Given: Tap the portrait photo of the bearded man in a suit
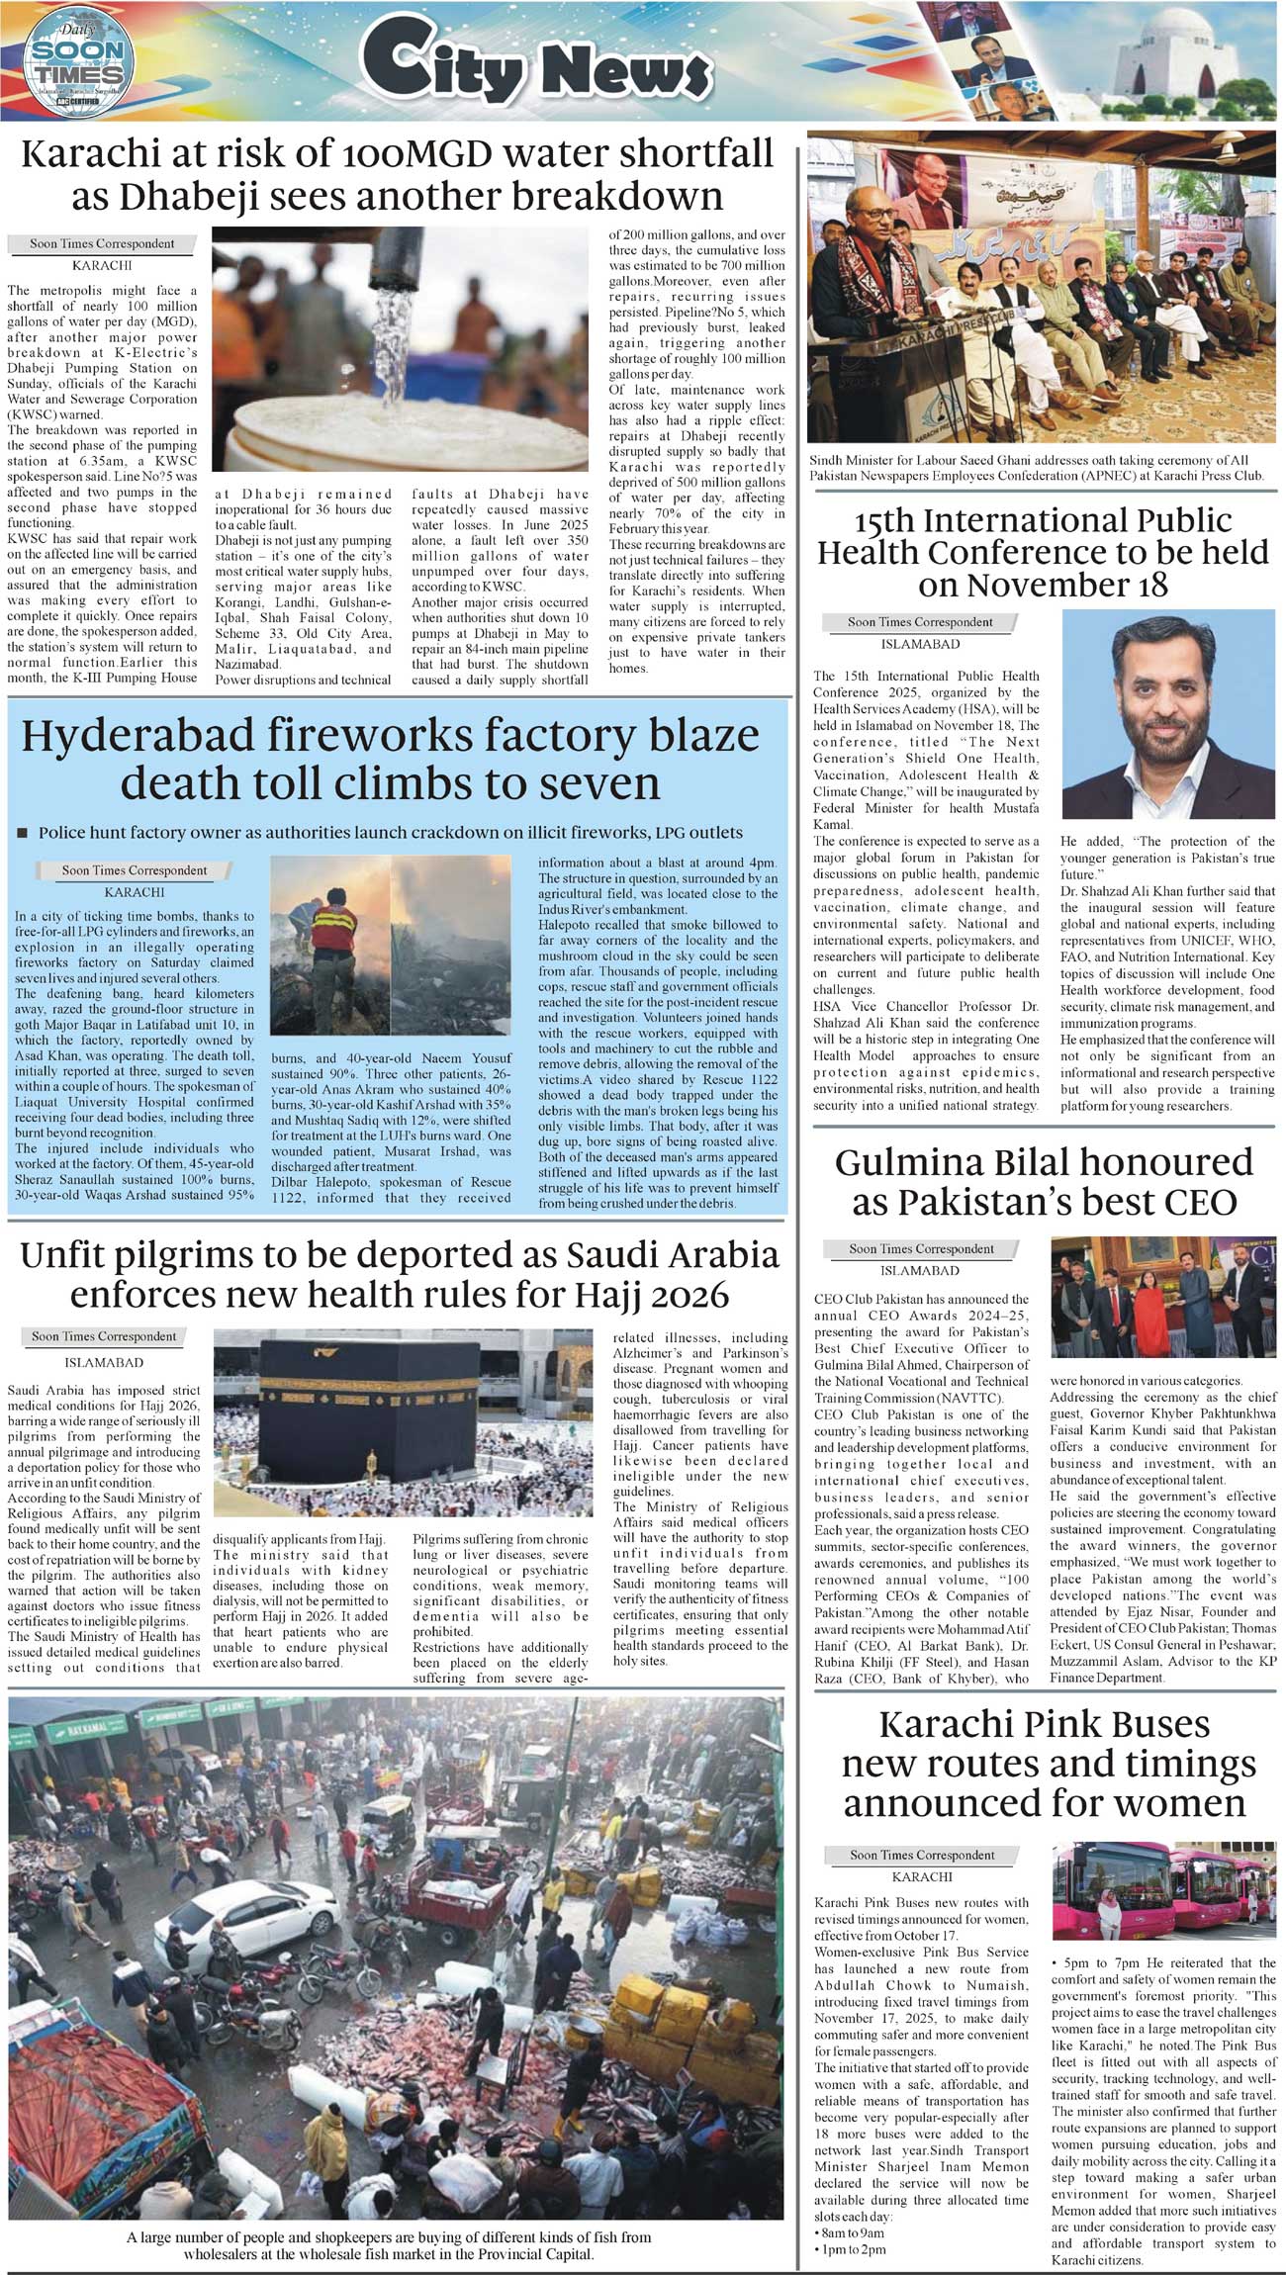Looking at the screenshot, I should (x=1168, y=713).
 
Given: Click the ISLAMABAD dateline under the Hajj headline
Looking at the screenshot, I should (x=104, y=1363).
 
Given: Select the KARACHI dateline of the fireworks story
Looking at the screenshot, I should (x=135, y=892).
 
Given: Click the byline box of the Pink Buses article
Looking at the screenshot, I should (x=922, y=1855).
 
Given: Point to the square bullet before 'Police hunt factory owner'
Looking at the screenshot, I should (x=23, y=833).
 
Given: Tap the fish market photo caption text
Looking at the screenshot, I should (x=389, y=2245).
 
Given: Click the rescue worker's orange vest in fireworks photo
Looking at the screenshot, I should (x=332, y=931).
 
